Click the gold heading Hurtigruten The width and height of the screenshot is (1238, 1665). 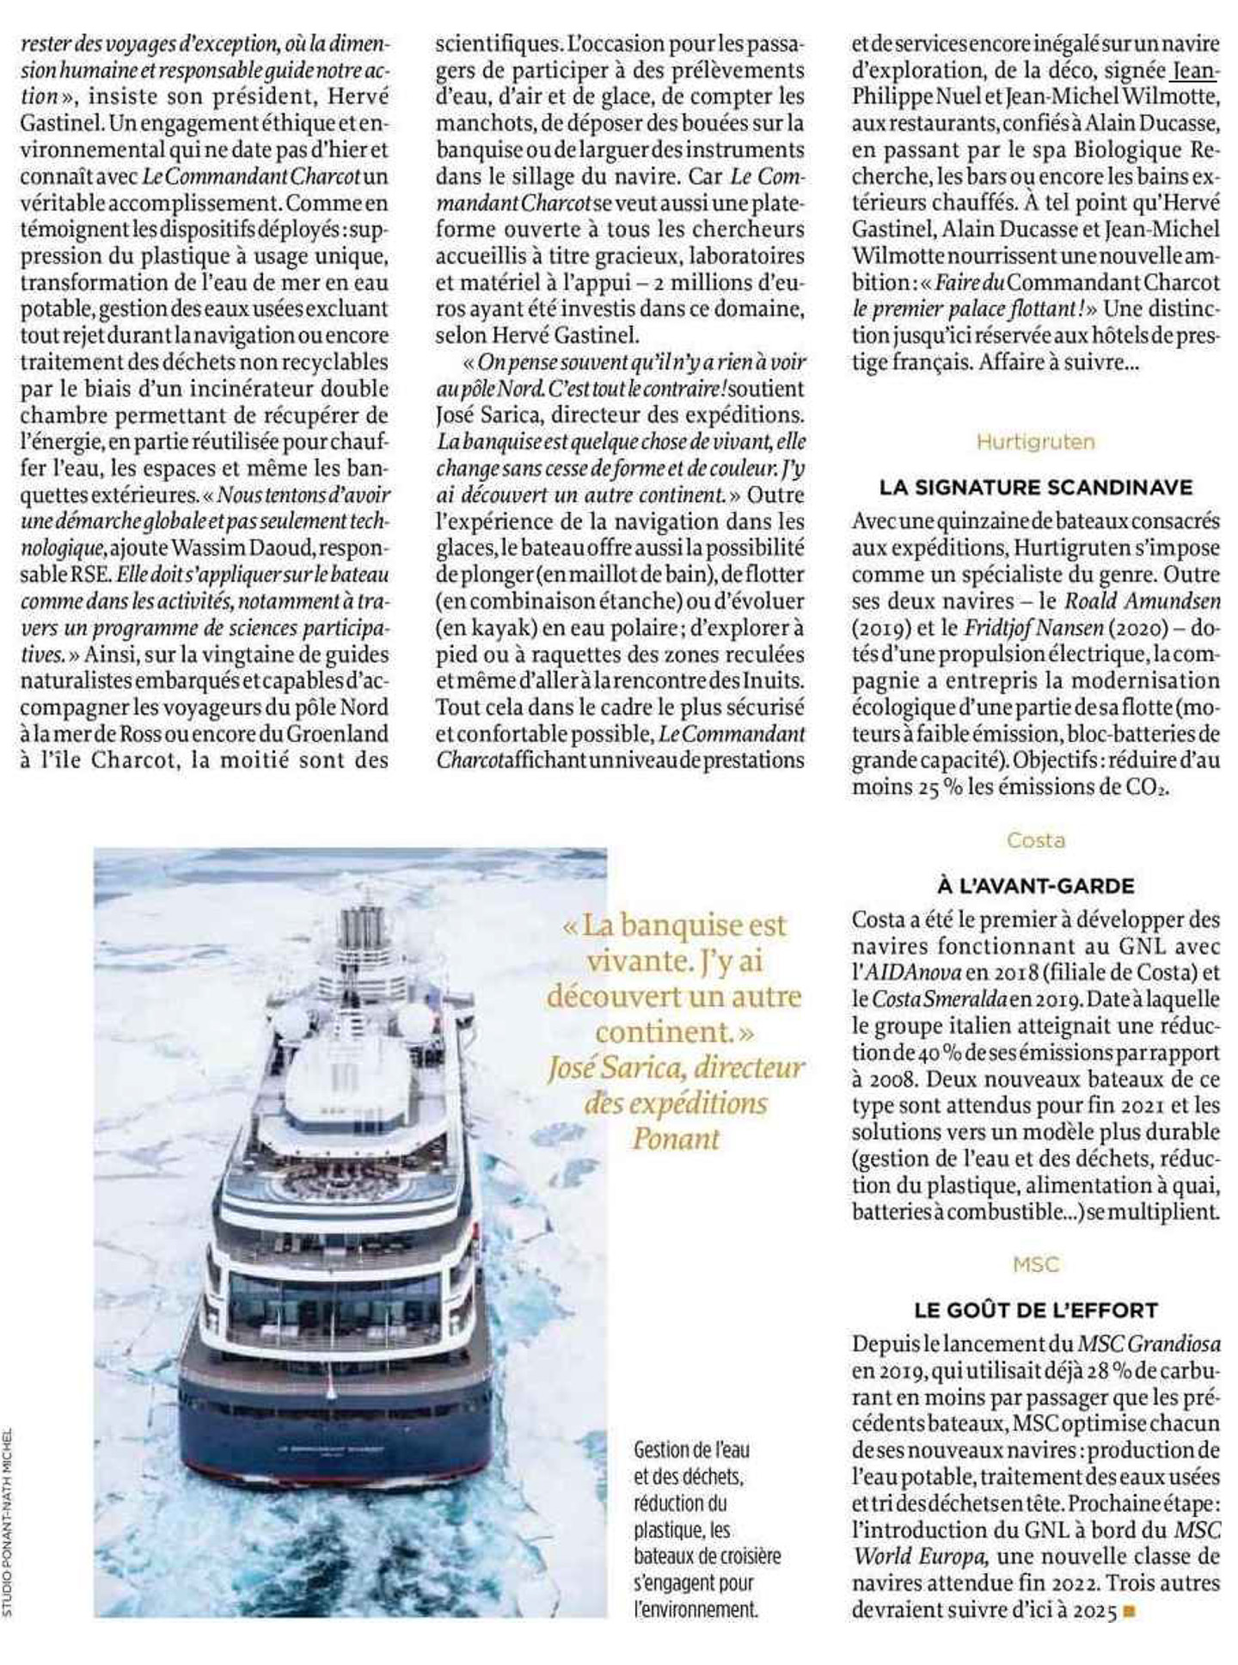[1035, 442]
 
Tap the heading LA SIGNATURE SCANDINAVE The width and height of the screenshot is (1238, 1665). [1035, 488]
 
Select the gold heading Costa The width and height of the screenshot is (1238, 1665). [1035, 840]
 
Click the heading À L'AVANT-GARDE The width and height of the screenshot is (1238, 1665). [1035, 886]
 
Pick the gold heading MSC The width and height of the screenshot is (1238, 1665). [1035, 1264]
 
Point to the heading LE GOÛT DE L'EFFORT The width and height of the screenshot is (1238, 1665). [1035, 1310]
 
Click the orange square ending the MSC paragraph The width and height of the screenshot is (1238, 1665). [1130, 1612]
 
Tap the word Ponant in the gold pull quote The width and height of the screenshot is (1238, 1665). [675, 1139]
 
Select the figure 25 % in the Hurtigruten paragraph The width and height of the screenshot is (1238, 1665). [932, 787]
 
